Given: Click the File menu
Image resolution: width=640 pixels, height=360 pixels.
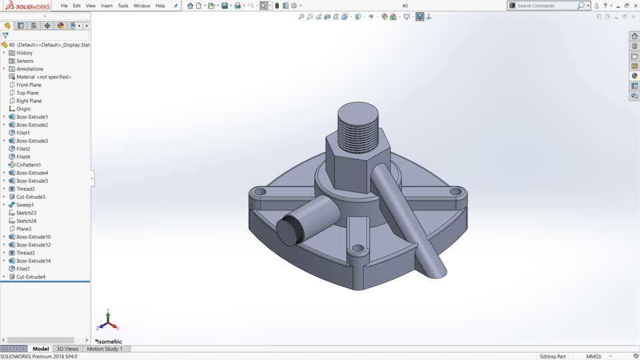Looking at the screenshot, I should coord(64,6).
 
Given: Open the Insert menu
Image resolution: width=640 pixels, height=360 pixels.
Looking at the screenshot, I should coord(107,6).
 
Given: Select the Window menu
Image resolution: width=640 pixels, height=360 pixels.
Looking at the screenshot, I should coord(141,6).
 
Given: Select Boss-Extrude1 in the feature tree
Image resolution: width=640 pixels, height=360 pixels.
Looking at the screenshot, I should coord(32,117).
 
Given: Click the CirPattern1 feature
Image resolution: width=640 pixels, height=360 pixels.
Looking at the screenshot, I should coord(29,165).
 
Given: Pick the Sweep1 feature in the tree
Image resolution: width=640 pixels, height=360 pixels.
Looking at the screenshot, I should coord(25,205).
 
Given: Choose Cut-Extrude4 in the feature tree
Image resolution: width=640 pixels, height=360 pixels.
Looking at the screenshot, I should coord(31,277).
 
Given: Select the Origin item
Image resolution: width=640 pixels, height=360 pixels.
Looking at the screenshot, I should coord(23,109).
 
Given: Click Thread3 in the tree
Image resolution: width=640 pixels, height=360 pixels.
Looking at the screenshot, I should coord(25,253).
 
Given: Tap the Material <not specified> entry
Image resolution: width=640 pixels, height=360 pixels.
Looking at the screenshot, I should coord(43,77).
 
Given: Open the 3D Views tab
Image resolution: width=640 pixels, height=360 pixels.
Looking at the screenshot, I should coord(67,349).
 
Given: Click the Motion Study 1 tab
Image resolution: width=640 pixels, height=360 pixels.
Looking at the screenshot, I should coord(105,349).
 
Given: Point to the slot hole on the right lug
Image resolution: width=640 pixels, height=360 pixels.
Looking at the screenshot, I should coord(456,191).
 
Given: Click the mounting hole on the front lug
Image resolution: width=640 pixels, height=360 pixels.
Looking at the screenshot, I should coord(358,249).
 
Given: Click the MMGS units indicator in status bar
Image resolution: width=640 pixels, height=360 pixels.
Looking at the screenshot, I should coord(593,357).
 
